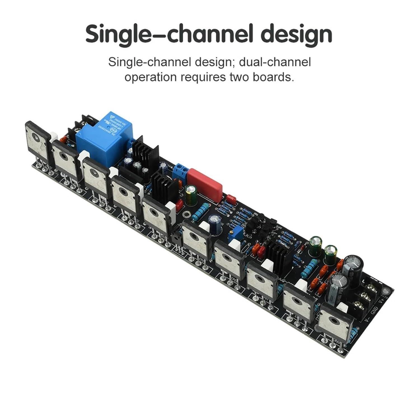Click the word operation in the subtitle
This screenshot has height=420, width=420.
point(151,77)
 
